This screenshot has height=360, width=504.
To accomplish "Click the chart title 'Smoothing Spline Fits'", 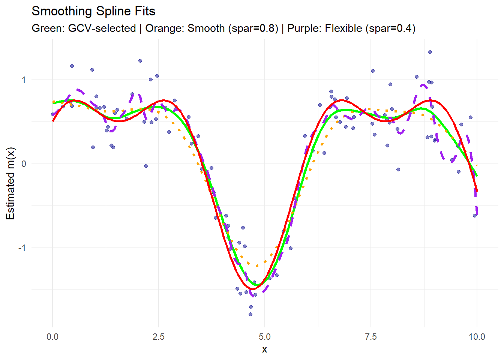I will (x=93, y=11).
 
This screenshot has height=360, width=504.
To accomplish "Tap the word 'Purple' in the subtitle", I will (x=306, y=28).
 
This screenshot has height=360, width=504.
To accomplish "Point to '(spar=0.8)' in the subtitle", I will (x=253, y=28).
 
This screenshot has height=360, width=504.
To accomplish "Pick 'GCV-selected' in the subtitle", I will (x=102, y=28).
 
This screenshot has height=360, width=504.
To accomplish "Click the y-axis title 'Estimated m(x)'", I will (x=10, y=183).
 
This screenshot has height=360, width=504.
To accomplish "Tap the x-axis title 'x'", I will (x=265, y=349).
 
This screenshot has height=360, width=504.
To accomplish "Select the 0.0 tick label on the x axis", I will (x=52, y=337).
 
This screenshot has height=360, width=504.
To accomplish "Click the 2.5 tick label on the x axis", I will (x=159, y=337).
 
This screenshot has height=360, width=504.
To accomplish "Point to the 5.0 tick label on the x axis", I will (x=265, y=337).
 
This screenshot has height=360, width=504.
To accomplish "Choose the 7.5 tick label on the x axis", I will (x=371, y=337).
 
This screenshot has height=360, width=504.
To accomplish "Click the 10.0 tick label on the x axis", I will (x=477, y=337).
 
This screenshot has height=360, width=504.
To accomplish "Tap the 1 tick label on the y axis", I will (x=24, y=79).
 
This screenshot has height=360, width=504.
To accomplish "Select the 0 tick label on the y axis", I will (x=24, y=163).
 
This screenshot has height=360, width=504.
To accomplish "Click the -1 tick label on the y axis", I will (x=22, y=247).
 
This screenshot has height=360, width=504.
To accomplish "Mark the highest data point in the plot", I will (x=430, y=52).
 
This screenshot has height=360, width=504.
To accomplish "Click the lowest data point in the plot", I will (x=250, y=314).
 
